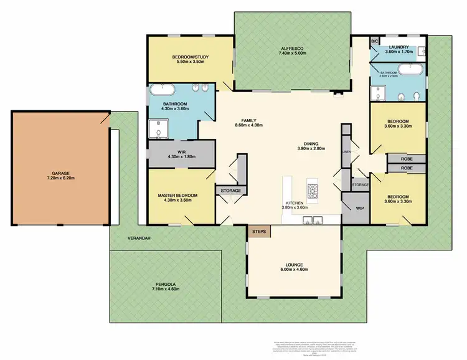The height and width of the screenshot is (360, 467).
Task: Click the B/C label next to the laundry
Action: (374, 41)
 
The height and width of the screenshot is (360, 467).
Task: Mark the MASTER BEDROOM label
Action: (177, 196)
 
